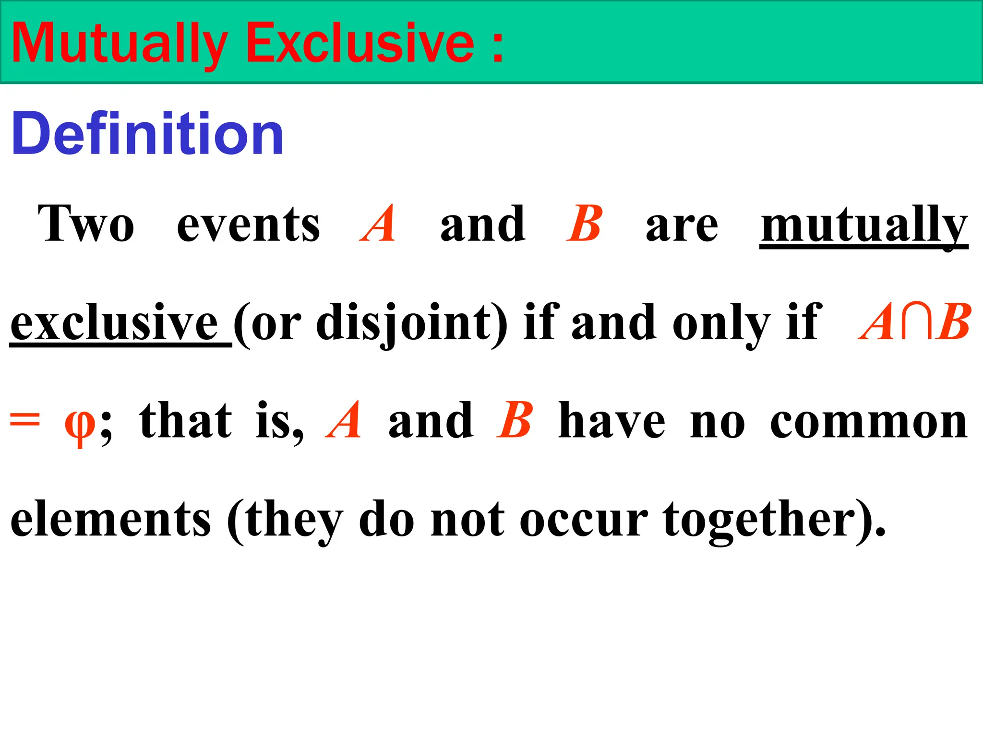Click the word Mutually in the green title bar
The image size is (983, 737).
119,44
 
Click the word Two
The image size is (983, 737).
86,224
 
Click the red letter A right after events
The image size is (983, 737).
379,224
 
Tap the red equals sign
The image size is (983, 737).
25,421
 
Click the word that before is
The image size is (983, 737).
186,421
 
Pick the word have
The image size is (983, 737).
612,421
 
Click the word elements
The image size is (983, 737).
110,520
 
